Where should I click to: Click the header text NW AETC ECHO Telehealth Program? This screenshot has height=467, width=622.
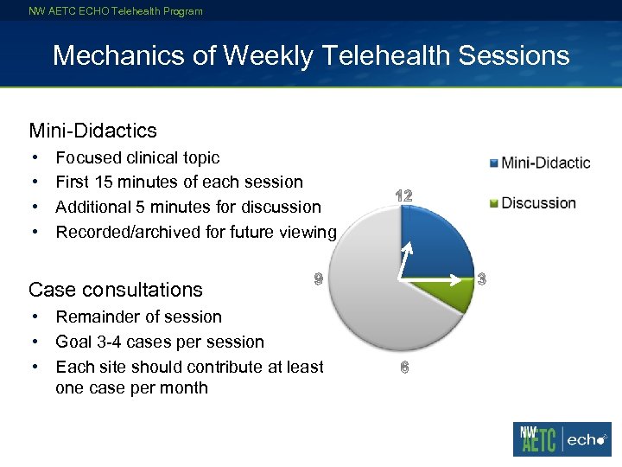[x=116, y=11]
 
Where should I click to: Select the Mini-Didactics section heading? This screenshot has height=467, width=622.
[x=92, y=131]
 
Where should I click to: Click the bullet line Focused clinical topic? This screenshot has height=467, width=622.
[x=137, y=157]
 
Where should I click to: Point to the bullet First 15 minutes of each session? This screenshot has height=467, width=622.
[x=179, y=182]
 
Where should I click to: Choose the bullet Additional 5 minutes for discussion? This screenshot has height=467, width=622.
[x=187, y=207]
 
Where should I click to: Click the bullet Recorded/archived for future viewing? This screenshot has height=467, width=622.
[x=195, y=232]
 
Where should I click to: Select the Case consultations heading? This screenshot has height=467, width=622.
[x=115, y=290]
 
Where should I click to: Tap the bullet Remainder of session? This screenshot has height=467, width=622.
[x=138, y=317]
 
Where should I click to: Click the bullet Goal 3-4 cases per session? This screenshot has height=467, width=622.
[x=159, y=342]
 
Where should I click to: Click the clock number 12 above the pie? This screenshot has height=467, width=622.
[x=403, y=196]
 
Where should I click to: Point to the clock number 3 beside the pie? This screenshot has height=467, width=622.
[x=482, y=278]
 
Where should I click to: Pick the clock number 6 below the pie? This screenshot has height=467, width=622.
[x=404, y=368]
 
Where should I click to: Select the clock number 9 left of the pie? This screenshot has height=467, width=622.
[x=318, y=278]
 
